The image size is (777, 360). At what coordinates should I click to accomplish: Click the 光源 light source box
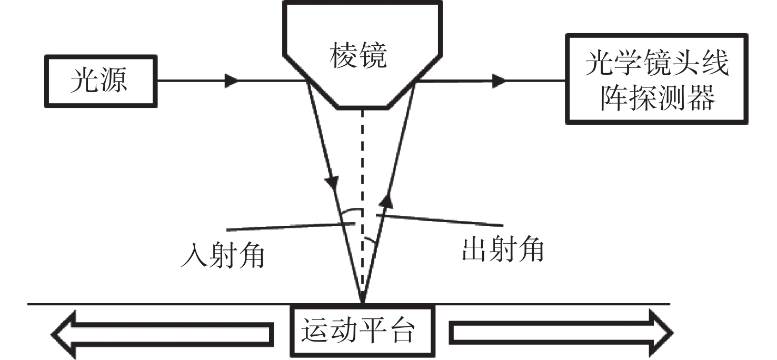point(100,82)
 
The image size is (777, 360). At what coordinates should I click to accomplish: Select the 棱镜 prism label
point(358,57)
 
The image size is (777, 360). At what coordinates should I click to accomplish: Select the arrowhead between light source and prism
point(231,81)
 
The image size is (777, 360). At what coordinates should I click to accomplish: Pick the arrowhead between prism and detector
point(498,81)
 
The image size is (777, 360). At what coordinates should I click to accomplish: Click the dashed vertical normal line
point(363,158)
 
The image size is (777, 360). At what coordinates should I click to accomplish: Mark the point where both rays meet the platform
point(363,303)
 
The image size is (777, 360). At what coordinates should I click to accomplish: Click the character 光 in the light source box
point(84,82)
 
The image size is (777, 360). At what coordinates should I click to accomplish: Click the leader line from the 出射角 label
point(442,220)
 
